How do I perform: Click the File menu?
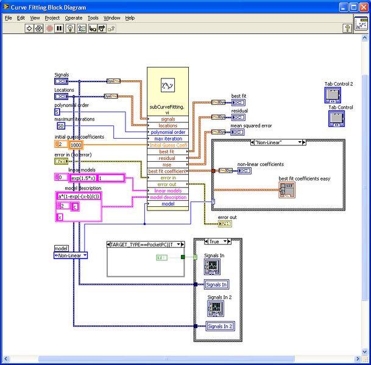[8, 18]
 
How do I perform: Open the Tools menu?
[93, 18]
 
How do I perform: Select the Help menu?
[130, 18]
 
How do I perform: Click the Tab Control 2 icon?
[332, 94]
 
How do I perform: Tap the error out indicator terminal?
[225, 224]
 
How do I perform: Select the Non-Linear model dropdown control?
[71, 255]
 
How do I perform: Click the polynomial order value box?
[57, 112]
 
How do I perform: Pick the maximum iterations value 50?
[61, 126]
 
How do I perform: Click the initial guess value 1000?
[76, 145]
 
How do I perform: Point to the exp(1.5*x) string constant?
[83, 178]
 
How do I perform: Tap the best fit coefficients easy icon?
[287, 190]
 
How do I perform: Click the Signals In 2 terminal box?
[219, 327]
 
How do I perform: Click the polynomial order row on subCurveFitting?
[168, 132]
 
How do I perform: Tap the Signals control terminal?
[62, 81]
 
